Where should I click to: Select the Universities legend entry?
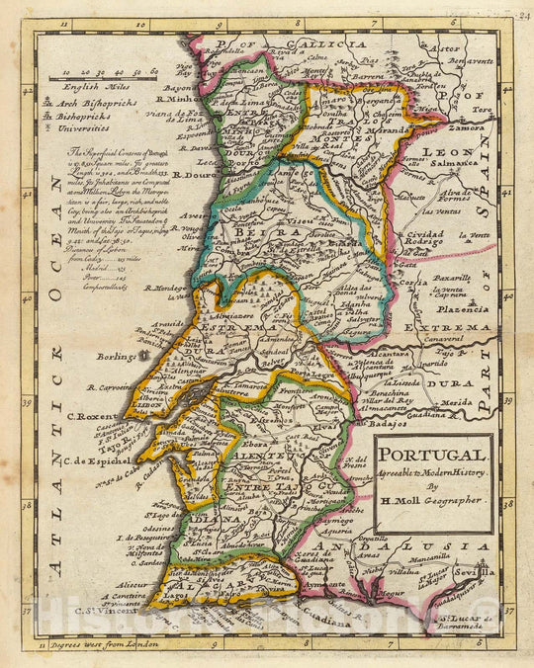(97, 127)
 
